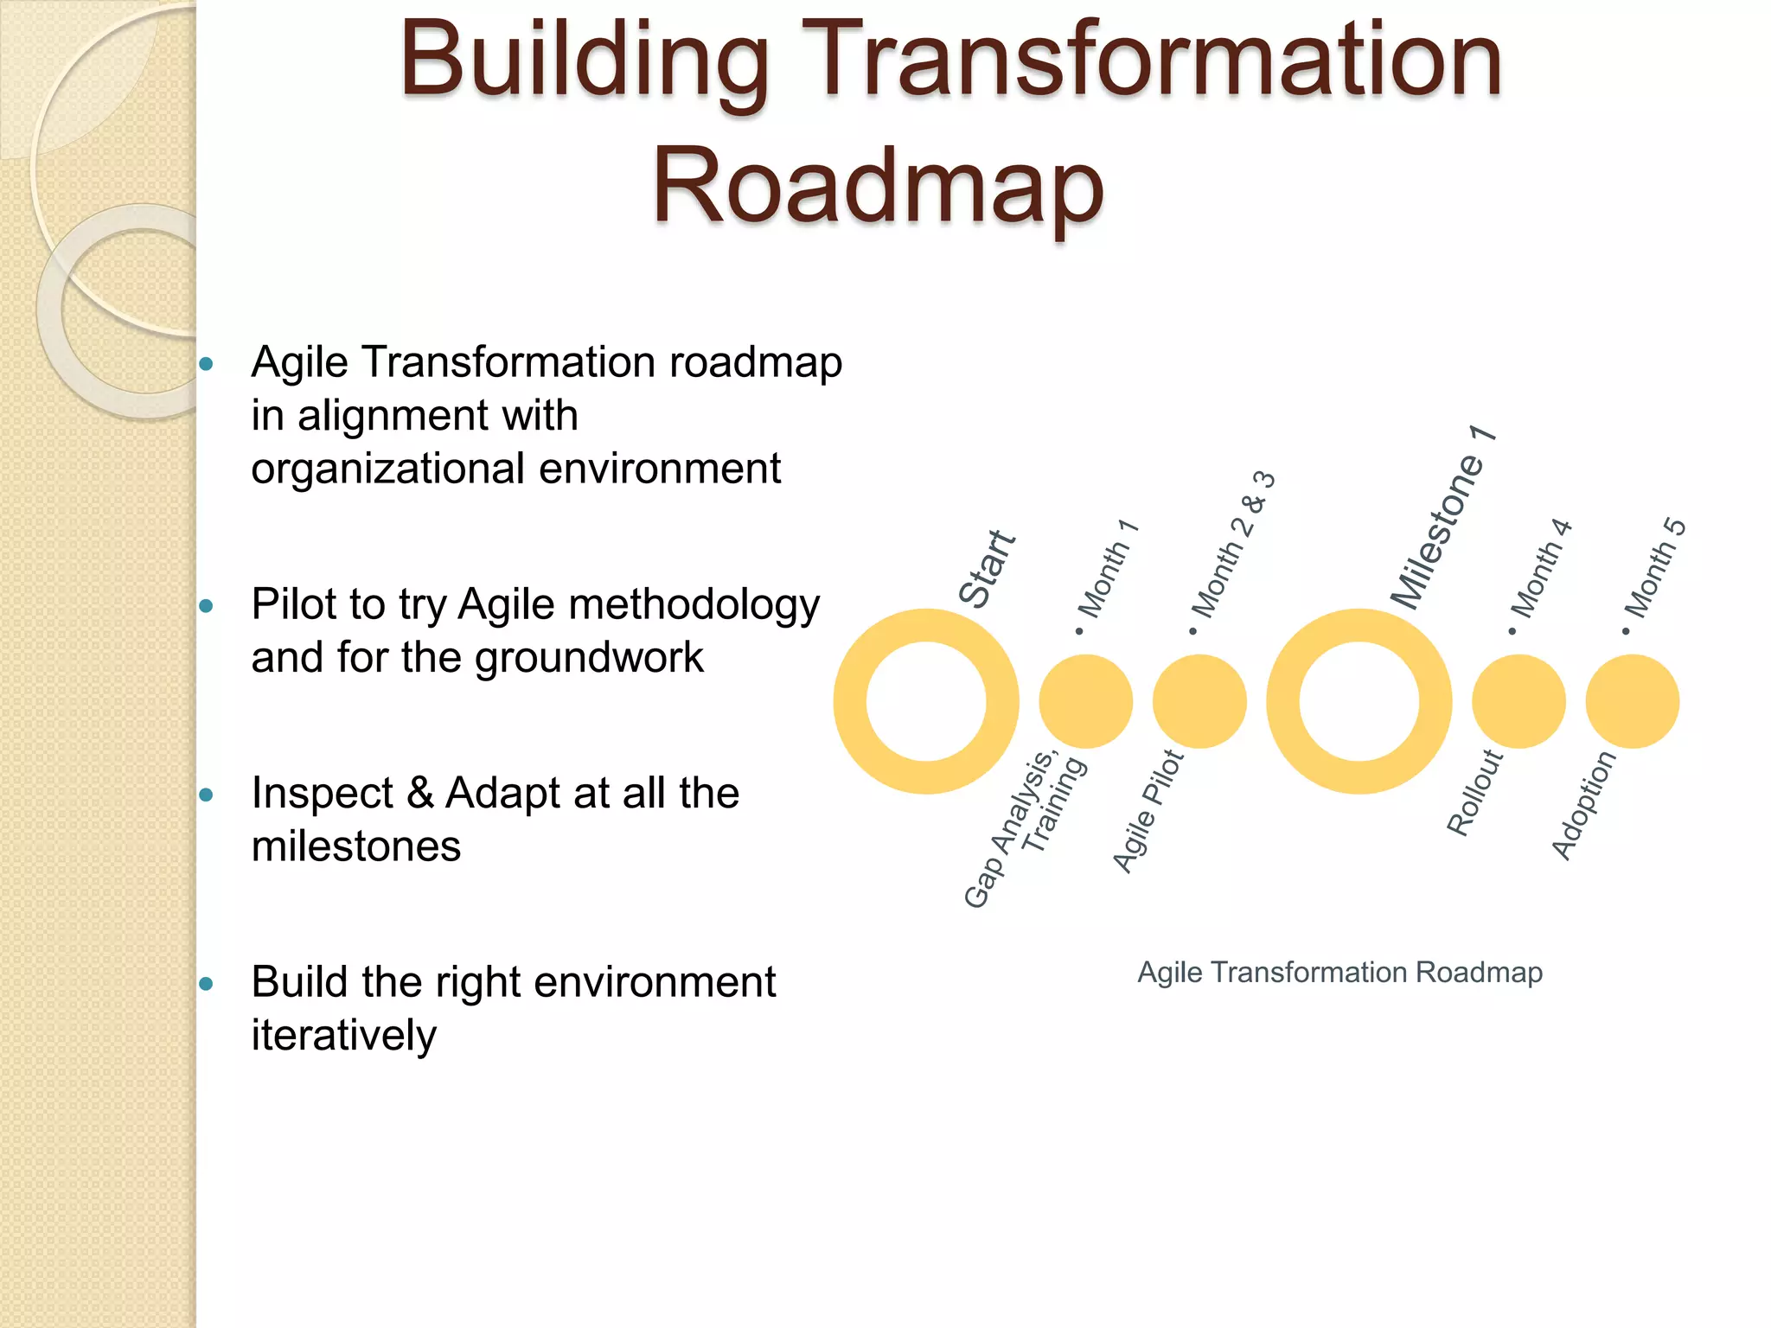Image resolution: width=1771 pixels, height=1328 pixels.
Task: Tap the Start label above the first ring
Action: click(x=988, y=569)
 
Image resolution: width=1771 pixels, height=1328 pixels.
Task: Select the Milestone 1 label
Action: click(x=1442, y=519)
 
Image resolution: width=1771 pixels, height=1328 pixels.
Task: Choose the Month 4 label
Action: click(x=1541, y=571)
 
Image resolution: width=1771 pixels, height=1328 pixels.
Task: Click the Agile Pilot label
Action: click(x=1148, y=811)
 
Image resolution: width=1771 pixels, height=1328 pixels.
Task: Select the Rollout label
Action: click(x=1475, y=793)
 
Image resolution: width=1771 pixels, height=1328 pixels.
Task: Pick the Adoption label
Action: click(x=1583, y=805)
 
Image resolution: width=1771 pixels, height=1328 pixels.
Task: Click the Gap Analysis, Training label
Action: click(x=1023, y=828)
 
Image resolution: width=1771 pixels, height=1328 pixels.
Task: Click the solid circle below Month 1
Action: click(x=1085, y=701)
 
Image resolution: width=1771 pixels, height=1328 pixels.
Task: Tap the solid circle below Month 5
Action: click(x=1632, y=701)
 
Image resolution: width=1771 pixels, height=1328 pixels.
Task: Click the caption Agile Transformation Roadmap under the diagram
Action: click(x=1339, y=973)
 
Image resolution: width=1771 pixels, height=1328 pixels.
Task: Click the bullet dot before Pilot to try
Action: click(x=206, y=606)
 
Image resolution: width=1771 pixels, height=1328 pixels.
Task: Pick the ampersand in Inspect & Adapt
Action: click(x=420, y=793)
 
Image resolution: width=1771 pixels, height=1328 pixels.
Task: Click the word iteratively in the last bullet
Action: click(x=344, y=1035)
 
